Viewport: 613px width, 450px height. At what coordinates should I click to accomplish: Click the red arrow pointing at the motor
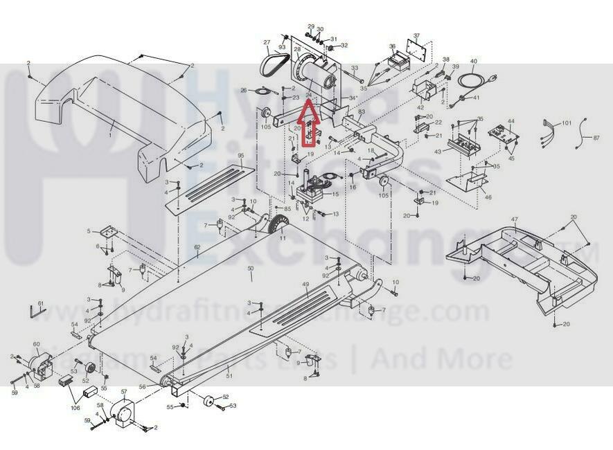click(x=309, y=121)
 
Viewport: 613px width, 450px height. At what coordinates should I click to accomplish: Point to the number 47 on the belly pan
click(x=514, y=219)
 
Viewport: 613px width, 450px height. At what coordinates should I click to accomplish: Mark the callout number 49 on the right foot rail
click(x=305, y=285)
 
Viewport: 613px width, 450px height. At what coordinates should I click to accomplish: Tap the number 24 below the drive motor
click(x=308, y=95)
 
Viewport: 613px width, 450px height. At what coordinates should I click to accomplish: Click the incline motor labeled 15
click(x=310, y=189)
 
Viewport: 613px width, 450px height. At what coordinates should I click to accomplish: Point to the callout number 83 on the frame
click(x=361, y=111)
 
